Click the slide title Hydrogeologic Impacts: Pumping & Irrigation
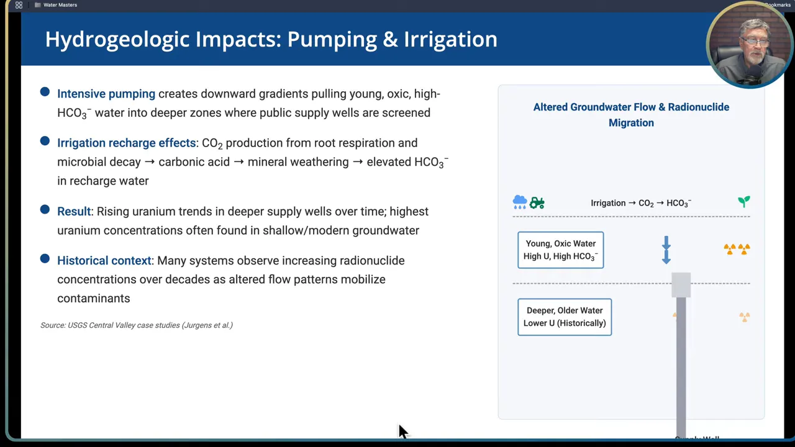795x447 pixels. (271, 39)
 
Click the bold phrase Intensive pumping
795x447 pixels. (106, 94)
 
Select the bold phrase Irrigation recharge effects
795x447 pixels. (126, 143)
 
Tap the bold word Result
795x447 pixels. (73, 211)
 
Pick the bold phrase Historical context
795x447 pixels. (104, 260)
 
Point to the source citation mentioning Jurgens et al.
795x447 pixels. (137, 325)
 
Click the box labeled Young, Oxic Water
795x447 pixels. (560, 250)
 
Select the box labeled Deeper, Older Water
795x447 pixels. (564, 317)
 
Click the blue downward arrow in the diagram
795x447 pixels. (666, 250)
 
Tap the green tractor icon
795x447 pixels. (537, 202)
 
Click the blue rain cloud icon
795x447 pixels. (520, 202)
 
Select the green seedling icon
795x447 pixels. (743, 201)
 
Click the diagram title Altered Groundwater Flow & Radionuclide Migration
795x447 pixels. (631, 115)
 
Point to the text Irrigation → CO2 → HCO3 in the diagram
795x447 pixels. (640, 203)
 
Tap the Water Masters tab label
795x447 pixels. (60, 5)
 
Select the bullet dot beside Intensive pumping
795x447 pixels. (45, 92)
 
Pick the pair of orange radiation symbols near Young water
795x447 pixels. (737, 249)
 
